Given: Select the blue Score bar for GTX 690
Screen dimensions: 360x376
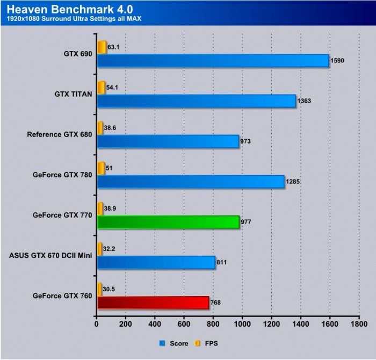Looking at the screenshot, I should click(213, 61).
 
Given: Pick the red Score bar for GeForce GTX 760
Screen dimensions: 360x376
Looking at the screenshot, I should click(153, 303).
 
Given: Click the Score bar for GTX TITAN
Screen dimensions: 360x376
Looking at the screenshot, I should click(196, 101).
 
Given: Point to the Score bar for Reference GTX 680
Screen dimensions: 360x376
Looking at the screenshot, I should click(168, 141).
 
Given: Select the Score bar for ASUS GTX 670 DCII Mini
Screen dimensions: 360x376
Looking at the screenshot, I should click(156, 262).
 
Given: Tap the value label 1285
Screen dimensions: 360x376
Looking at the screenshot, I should click(293, 182).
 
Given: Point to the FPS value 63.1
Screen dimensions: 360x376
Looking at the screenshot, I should click(114, 47).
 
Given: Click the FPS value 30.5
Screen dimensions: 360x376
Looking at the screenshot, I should click(109, 289).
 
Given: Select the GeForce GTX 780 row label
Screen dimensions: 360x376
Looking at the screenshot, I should click(62, 175).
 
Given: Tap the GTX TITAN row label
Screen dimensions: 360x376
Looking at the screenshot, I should click(73, 94).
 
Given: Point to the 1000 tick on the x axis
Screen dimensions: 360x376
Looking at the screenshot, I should click(242, 324).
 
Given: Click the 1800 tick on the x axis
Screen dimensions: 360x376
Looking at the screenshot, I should click(359, 324).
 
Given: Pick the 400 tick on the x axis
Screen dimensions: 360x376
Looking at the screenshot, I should click(155, 324).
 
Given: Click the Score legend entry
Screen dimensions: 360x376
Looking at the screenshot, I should click(175, 343).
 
